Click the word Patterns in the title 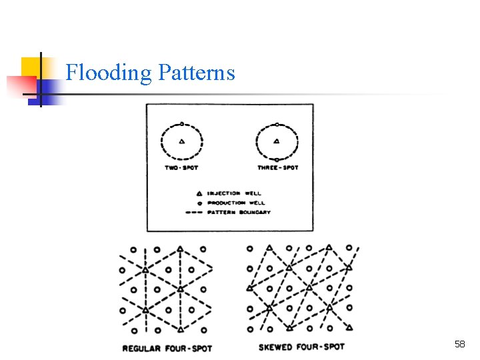pyautogui.click(x=197, y=71)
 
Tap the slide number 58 pyautogui.click(x=459, y=344)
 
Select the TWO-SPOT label pyautogui.click(x=181, y=167)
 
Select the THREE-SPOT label pyautogui.click(x=277, y=167)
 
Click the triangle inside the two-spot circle pyautogui.click(x=182, y=141)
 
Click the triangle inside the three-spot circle pyautogui.click(x=277, y=141)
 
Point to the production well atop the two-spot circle pyautogui.click(x=182, y=124)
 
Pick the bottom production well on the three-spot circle pyautogui.click(x=277, y=159)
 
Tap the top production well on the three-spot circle pyautogui.click(x=277, y=124)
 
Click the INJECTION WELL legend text pyautogui.click(x=234, y=193)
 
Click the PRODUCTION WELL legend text pyautogui.click(x=236, y=203)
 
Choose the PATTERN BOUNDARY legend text pyautogui.click(x=239, y=212)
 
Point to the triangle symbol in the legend pyautogui.click(x=199, y=193)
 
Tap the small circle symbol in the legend pyautogui.click(x=199, y=203)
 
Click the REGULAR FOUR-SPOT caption pyautogui.click(x=167, y=348)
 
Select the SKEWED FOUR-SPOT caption pyautogui.click(x=302, y=347)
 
